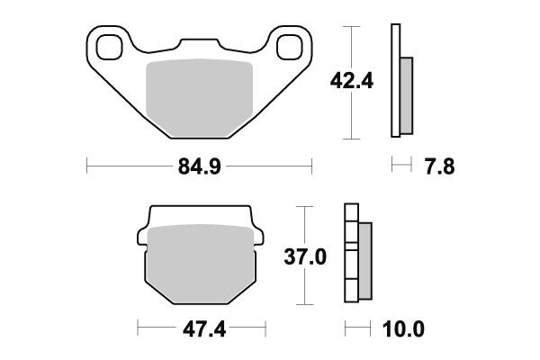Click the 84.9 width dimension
coord(197,166)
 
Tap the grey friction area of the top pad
coord(198,94)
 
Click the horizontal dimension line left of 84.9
coord(126,166)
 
